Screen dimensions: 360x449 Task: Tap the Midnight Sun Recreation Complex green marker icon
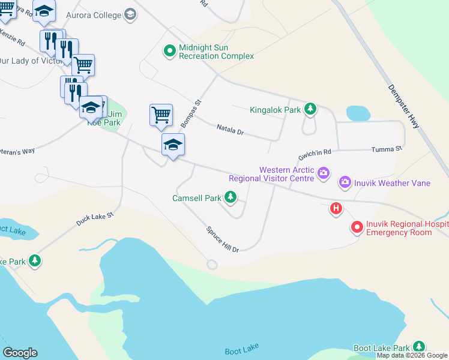coord(170,52)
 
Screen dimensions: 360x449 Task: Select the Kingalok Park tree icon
coord(310,109)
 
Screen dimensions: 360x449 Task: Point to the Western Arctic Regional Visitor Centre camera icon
coord(324,173)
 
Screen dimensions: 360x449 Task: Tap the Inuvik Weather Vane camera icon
coord(345,182)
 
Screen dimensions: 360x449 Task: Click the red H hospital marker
coord(336,209)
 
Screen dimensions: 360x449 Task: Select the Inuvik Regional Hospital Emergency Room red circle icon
coord(357,227)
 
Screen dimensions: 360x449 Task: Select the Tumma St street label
coord(386,149)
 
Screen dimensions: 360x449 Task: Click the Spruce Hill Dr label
coord(223,239)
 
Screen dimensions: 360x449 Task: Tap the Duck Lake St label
coord(95,219)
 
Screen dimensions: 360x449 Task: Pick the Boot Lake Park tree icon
coord(418,347)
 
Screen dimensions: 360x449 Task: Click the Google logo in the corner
coord(20,353)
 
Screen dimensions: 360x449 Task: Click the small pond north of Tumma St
coord(358,113)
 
